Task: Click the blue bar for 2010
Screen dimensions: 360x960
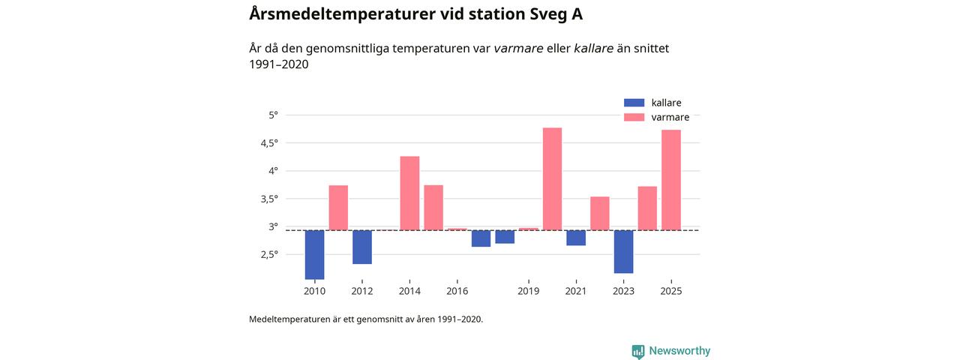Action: tap(314, 254)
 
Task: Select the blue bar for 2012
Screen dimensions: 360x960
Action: tap(362, 247)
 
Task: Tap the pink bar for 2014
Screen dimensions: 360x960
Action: tap(409, 193)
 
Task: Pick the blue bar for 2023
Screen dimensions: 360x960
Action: tap(623, 251)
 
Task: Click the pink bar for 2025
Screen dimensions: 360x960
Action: tap(671, 180)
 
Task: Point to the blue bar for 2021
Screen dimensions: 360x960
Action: tap(576, 238)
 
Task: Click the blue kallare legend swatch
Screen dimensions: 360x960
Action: tap(634, 103)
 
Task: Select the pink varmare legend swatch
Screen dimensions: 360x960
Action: tap(634, 117)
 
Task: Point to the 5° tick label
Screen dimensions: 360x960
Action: tap(272, 115)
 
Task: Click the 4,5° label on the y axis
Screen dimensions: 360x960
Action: tap(268, 142)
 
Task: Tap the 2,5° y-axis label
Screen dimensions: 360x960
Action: tap(268, 254)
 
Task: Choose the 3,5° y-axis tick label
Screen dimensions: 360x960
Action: tap(268, 199)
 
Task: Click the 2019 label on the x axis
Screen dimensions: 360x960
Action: tap(529, 291)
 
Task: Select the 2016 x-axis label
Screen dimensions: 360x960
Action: tap(457, 291)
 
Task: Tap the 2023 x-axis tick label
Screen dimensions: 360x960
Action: tap(623, 291)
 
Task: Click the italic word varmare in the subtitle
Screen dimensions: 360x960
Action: tap(518, 48)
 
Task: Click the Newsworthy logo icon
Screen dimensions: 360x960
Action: tap(638, 351)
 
